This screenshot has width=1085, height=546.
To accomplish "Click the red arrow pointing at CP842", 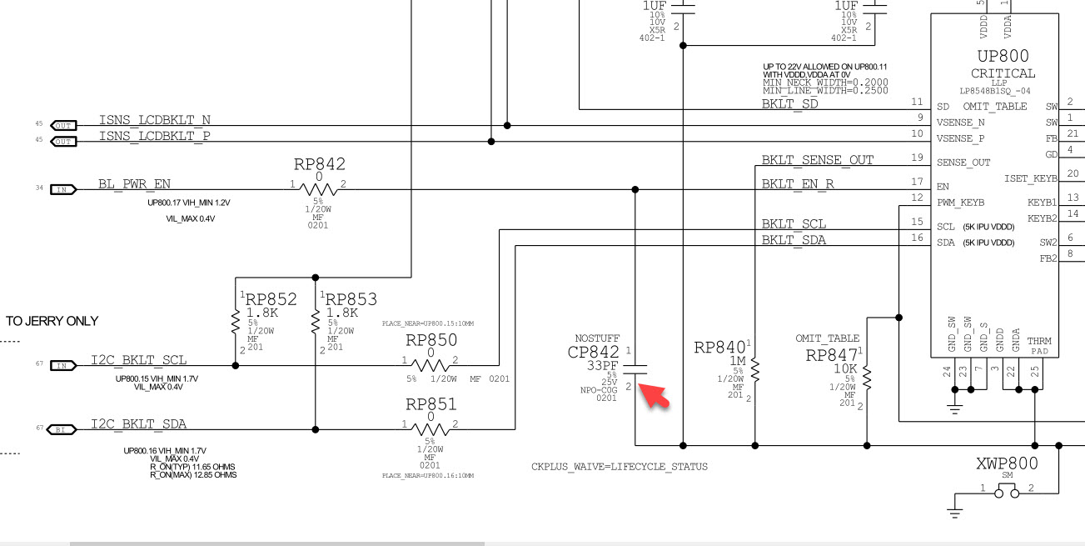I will click(x=657, y=396).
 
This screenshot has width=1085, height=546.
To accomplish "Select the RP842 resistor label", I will click(x=319, y=164).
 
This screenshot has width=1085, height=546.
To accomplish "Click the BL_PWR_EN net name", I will click(x=134, y=183).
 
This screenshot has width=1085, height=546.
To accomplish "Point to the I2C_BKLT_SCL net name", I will click(x=139, y=360).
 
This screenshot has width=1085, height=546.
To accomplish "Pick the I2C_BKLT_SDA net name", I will click(x=139, y=424).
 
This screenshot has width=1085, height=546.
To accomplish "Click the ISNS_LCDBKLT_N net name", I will click(x=155, y=120).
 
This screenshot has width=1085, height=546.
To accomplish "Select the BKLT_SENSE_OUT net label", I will click(x=817, y=159).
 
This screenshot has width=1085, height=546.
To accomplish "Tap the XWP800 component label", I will click(x=1007, y=463).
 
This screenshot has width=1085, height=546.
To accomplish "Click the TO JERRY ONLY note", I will click(x=52, y=321).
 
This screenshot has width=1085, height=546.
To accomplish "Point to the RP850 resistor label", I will click(x=431, y=340).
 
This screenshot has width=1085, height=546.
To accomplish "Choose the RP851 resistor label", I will click(x=431, y=404).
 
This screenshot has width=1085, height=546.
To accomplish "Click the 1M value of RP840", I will click(x=737, y=361).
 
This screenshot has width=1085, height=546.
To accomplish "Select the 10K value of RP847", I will click(x=845, y=368).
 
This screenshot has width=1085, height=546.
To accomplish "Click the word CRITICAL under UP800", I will click(x=1003, y=73).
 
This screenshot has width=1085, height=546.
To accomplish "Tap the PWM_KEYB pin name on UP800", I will click(x=959, y=202).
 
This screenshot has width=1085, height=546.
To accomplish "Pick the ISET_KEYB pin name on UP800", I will click(x=1030, y=178).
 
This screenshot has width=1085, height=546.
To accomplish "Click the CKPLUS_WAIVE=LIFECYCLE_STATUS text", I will click(x=620, y=466).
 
